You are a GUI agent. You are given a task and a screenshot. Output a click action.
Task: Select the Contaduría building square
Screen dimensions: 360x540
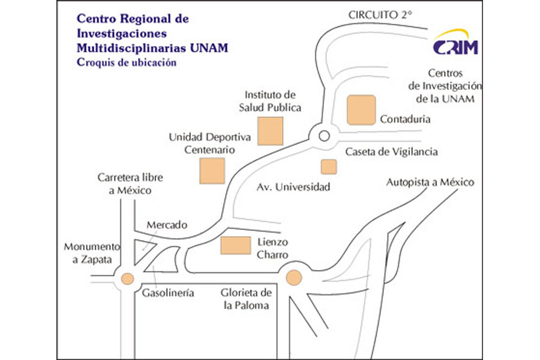(361, 110)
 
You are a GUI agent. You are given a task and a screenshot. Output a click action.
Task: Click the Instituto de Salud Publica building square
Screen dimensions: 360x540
(271, 131)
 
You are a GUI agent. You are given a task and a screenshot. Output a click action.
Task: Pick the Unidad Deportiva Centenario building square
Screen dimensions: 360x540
(212, 170)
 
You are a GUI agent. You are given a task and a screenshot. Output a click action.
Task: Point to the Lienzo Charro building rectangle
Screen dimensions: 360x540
(235, 246)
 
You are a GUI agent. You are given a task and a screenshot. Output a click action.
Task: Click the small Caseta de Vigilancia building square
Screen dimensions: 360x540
(329, 166)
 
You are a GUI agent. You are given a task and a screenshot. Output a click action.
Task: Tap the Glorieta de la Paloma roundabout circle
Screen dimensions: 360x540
(293, 277)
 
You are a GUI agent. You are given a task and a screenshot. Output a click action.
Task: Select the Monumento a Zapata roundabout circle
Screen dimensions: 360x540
(127, 278)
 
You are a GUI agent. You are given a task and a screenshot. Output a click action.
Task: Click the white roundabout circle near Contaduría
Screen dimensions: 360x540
(324, 136)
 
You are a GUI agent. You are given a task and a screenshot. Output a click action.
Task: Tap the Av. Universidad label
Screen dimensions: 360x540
(293, 187)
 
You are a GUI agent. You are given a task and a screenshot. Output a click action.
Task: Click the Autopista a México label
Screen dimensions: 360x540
(430, 182)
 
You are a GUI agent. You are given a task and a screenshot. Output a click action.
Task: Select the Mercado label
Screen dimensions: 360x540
(167, 225)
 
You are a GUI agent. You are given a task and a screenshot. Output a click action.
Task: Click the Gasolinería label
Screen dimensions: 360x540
(168, 293)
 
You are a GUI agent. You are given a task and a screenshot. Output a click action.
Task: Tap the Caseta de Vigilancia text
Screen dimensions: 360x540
(391, 152)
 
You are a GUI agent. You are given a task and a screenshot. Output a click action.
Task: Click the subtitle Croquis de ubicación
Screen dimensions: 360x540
(127, 63)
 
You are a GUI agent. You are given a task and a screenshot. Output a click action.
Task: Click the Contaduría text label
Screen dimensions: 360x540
(405, 119)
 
